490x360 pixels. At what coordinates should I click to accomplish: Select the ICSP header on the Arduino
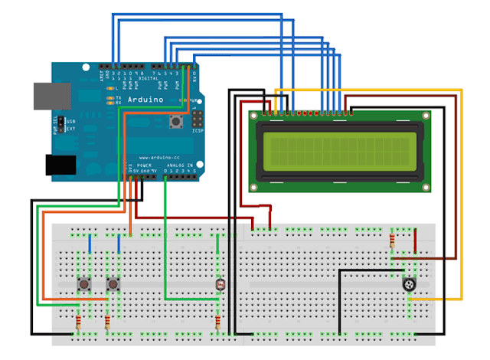[x=198, y=121]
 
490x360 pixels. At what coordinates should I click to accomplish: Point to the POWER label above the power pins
[x=144, y=165]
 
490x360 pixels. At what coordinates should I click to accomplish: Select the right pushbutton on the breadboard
[x=113, y=285]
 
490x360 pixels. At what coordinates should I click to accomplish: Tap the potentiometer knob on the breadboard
[x=410, y=285]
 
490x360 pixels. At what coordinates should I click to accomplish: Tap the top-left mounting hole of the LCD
[x=255, y=115]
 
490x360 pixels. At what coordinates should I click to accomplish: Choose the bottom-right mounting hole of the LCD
[x=426, y=184]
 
